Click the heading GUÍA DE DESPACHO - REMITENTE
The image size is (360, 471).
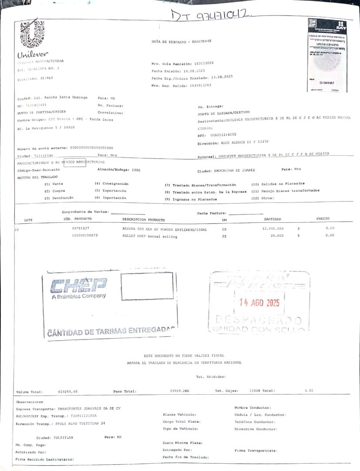pyautogui.click(x=181, y=41)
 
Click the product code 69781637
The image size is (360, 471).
pyautogui.click(x=81, y=228)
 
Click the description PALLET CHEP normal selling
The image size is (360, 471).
pyautogui.click(x=150, y=236)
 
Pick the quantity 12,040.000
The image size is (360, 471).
pyautogui.click(x=273, y=228)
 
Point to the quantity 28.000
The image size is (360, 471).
pyautogui.click(x=277, y=235)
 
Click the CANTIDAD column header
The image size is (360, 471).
pyautogui.click(x=272, y=219)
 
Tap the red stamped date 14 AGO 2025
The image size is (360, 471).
pyautogui.click(x=260, y=303)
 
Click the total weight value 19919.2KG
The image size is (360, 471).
pyautogui.click(x=180, y=391)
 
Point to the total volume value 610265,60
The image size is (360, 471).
pyautogui.click(x=68, y=392)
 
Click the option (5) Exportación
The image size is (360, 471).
pyautogui.click(x=111, y=191)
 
